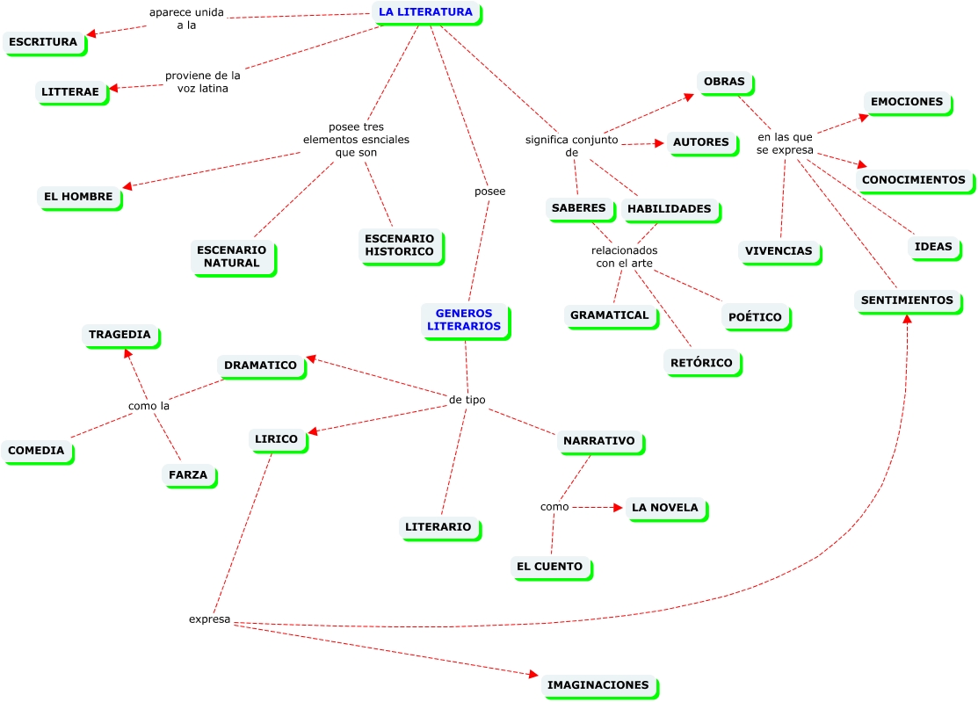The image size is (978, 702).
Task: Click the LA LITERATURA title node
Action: [x=425, y=12]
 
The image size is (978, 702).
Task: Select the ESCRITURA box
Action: [x=44, y=41]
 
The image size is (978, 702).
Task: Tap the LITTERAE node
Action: [x=72, y=90]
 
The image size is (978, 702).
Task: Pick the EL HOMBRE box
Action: [x=78, y=197]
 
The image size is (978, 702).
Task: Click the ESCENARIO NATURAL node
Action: [x=232, y=257]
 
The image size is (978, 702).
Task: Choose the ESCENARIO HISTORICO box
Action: [x=399, y=245]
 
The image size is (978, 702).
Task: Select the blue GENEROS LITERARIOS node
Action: [x=464, y=319]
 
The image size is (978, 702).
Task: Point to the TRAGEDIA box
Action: [x=120, y=335]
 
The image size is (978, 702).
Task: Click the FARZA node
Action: [x=187, y=474]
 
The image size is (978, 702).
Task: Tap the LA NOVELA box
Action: [x=664, y=507]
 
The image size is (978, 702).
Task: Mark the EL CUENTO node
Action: [x=549, y=567]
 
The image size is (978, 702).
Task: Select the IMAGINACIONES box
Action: [x=598, y=684]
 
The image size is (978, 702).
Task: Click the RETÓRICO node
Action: [x=700, y=361]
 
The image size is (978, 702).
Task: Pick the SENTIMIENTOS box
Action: [x=907, y=300]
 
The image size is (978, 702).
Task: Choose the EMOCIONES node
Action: [x=906, y=102]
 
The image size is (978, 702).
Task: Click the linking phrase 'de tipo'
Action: [x=467, y=400]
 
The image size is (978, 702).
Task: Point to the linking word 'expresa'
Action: [x=209, y=619]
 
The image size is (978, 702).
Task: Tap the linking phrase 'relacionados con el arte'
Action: [x=624, y=257]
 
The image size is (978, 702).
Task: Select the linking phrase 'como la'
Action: [x=149, y=406]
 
